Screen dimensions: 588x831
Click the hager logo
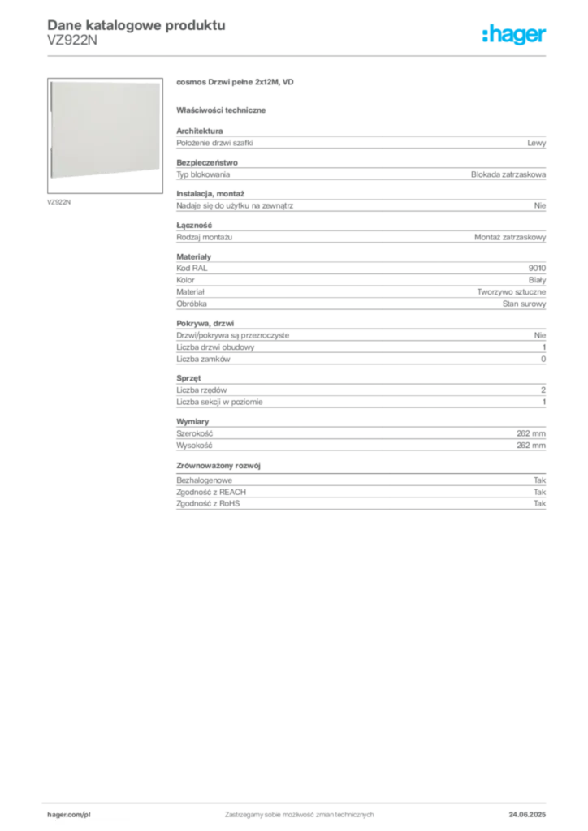pos(513,34)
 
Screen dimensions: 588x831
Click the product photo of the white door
pos(105,130)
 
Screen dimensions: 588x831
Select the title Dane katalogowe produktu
pos(136,25)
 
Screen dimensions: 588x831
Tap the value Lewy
pos(536,143)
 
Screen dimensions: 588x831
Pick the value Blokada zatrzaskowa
pos(508,174)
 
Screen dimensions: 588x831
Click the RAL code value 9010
pos(537,268)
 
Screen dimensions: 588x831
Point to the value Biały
pos(537,280)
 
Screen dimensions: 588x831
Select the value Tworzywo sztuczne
pos(511,292)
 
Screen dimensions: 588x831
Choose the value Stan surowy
pos(524,304)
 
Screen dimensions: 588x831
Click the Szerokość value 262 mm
pos(530,433)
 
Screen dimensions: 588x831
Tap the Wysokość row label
pos(194,446)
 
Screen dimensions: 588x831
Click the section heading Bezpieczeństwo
pos(207,162)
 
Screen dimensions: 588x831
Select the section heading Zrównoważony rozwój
pos(218,466)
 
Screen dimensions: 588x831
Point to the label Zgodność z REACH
pos(211,492)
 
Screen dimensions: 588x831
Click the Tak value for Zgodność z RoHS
pos(539,503)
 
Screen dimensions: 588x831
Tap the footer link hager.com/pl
pos(69,815)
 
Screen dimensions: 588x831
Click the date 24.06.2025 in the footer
pos(527,815)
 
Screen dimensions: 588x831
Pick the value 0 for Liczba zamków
pos(543,360)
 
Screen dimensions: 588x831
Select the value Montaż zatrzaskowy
pos(509,238)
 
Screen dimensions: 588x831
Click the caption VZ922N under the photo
pos(58,202)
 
